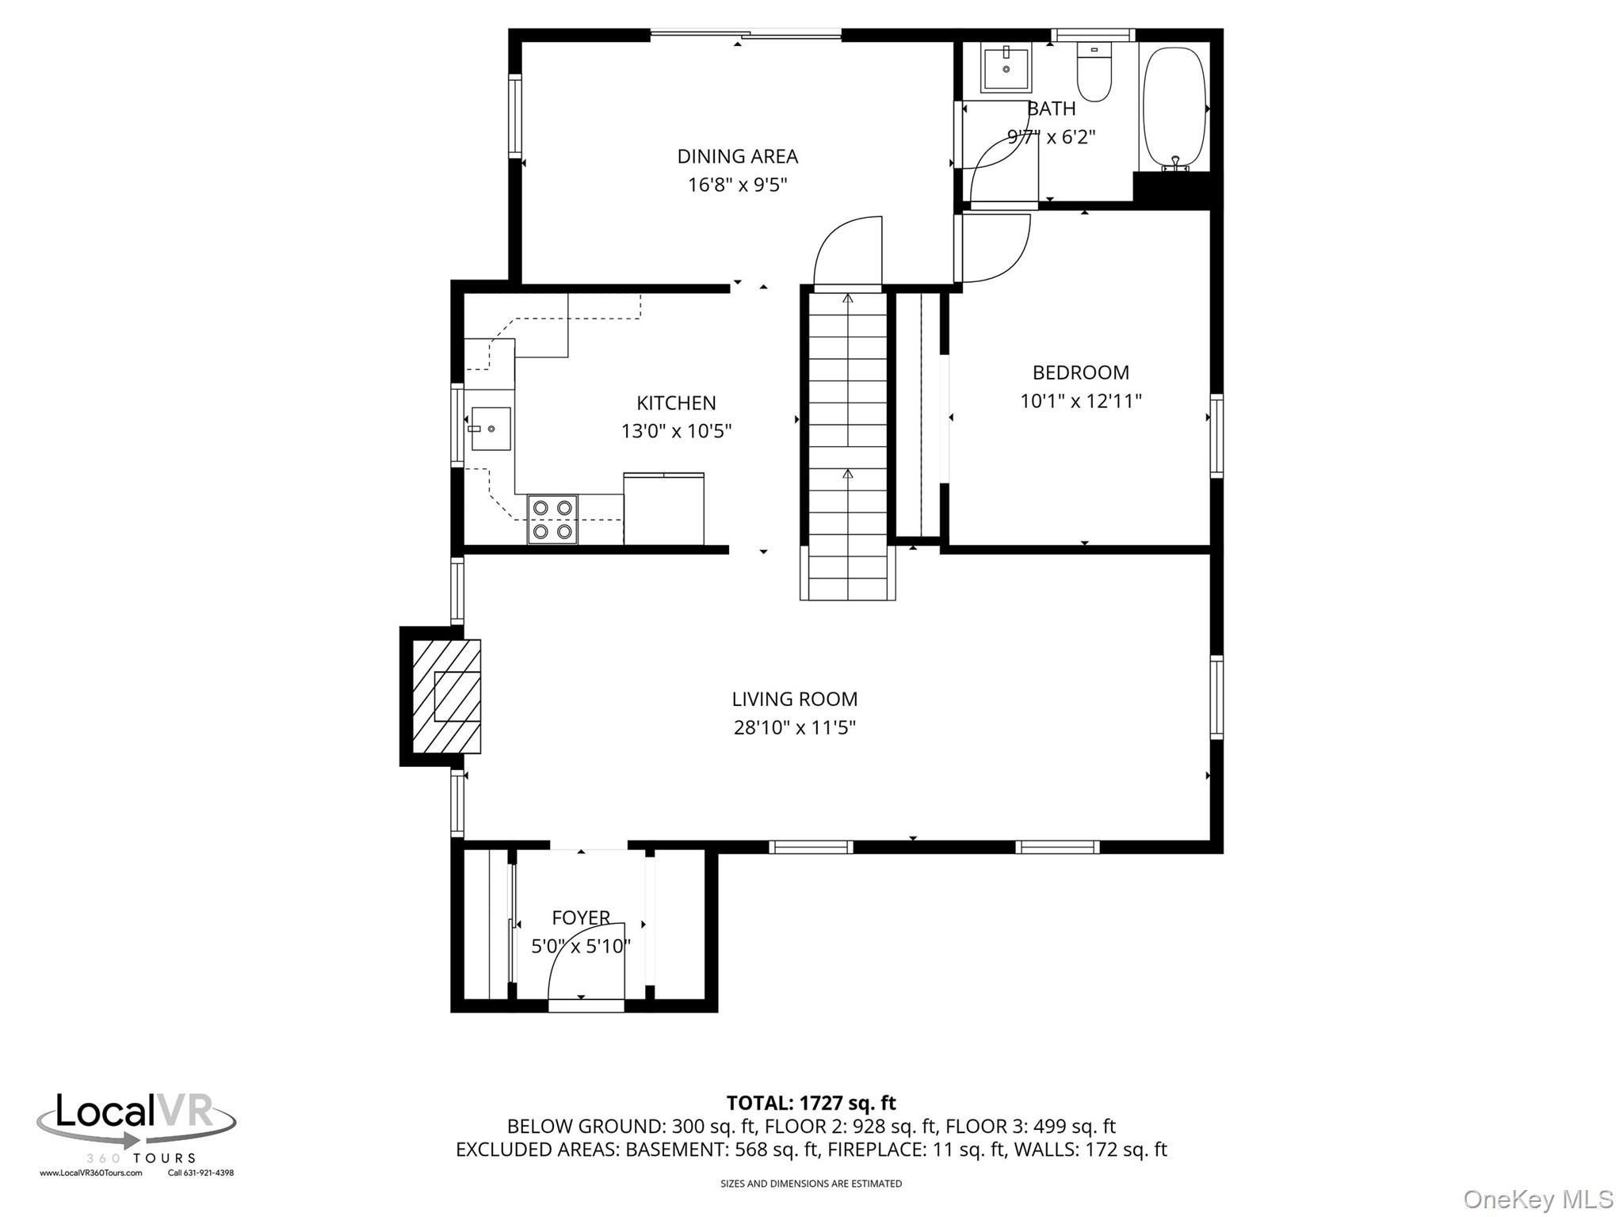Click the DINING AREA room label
[x=737, y=156]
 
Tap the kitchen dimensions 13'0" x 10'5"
[x=676, y=431]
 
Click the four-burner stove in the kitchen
[x=552, y=519]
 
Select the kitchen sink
[x=490, y=429]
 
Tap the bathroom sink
[x=1006, y=69]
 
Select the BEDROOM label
[x=1080, y=372]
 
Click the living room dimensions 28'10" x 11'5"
[x=794, y=727]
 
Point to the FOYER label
[x=581, y=918]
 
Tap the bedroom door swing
[x=995, y=247]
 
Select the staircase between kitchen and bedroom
[x=847, y=444]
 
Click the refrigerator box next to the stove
[x=663, y=509]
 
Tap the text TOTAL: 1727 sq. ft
[x=811, y=1103]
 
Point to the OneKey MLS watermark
[x=1537, y=1199]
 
